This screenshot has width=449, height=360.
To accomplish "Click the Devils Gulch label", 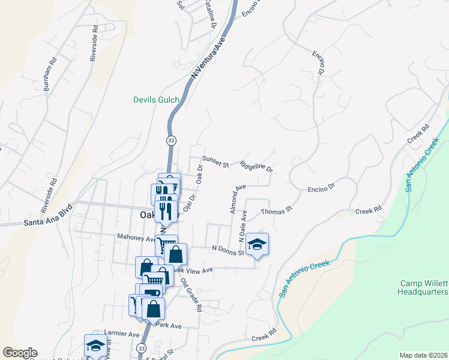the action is tap(156, 100).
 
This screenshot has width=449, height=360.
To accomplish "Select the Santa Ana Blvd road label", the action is tap(48, 222).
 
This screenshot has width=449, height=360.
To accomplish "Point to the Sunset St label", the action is tap(216, 162).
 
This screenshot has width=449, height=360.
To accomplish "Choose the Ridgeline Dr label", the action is tap(256, 166).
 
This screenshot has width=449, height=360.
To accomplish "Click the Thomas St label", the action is tap(276, 211).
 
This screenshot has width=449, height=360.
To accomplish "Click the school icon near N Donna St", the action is tap(257, 244).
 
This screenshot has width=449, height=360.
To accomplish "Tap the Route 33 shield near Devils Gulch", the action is tap(170, 140).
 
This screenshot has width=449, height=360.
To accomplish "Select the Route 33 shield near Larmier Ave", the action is tap(141, 347).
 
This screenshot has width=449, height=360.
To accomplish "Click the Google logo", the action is tap(20, 353).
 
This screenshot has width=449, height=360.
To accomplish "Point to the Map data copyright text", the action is tap(423, 355).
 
